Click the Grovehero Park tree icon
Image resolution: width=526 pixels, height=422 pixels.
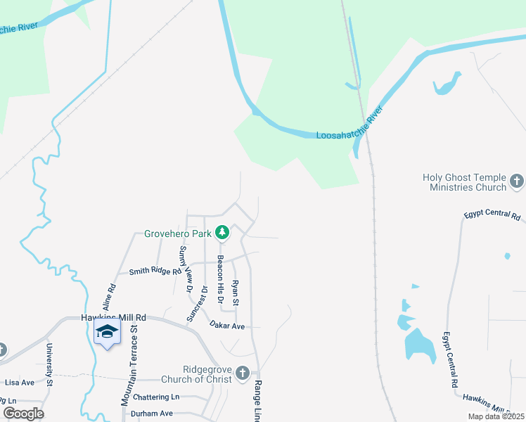222,232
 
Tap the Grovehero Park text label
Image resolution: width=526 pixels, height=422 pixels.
179,233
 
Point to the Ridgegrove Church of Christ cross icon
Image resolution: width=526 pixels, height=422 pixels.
243,373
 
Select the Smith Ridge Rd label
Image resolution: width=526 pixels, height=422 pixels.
150,271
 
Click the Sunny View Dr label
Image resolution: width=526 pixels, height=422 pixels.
184,269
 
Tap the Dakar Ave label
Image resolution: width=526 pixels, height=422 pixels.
227,326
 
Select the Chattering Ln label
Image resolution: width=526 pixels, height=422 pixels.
155,397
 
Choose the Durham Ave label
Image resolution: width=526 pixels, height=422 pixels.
151,414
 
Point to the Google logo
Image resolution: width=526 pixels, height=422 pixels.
23,414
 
